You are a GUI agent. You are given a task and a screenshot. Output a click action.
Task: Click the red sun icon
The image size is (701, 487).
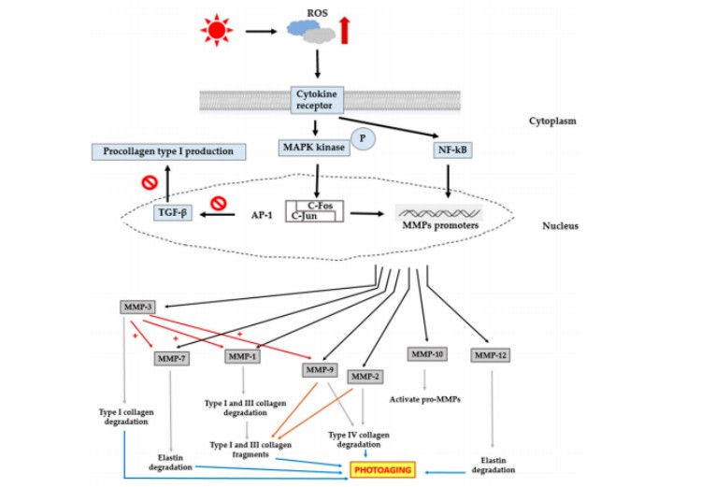pos(216,32)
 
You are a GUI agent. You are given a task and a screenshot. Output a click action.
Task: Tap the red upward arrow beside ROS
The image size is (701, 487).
pos(344,30)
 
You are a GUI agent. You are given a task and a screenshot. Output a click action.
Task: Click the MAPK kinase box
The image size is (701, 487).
pos(311,148)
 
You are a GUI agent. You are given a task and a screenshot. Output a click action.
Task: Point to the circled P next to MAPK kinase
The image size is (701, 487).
pos(362,140)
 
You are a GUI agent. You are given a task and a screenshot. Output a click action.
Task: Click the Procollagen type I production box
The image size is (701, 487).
pos(168,151)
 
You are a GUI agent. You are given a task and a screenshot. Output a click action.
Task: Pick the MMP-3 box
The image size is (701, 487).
pos(136,307)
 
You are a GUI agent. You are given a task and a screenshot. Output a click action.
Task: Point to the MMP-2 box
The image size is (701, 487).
pos(365,376)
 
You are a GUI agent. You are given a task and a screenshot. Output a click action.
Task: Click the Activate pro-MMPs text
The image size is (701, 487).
pos(426,399)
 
